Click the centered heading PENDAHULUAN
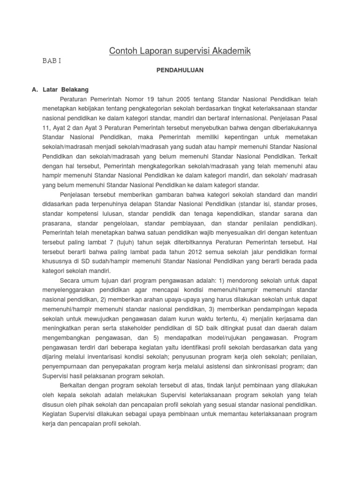coord(180,70)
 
